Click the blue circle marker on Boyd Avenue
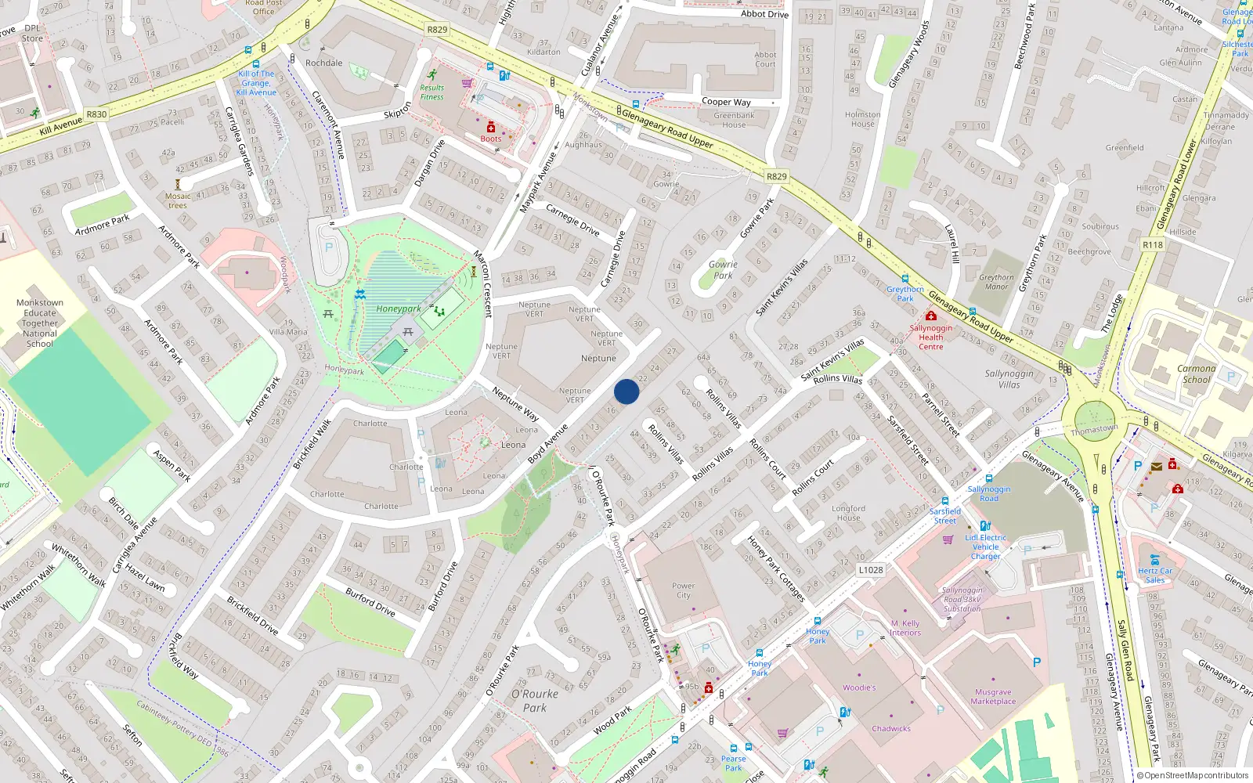pyautogui.click(x=626, y=391)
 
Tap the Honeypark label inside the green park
pyautogui.click(x=398, y=309)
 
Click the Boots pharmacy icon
pyautogui.click(x=491, y=127)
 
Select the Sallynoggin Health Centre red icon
pyautogui.click(x=931, y=316)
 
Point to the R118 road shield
pyautogui.click(x=1153, y=245)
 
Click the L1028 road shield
pyautogui.click(x=871, y=570)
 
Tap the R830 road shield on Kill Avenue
pyautogui.click(x=96, y=114)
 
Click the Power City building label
pyautogui.click(x=683, y=590)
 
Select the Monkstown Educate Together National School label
pyautogui.click(x=40, y=323)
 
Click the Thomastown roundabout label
pyautogui.click(x=1094, y=430)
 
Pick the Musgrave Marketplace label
pyautogui.click(x=993, y=697)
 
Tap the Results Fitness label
pyautogui.click(x=432, y=92)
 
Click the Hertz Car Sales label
pyautogui.click(x=1155, y=576)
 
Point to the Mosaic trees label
pyautogui.click(x=178, y=200)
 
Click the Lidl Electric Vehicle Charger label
pyautogui.click(x=986, y=547)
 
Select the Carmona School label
pyautogui.click(x=1196, y=373)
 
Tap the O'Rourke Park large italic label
pyautogui.click(x=535, y=701)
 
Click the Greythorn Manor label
pyautogui.click(x=996, y=282)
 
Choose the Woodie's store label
pyautogui.click(x=859, y=687)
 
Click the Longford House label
pyautogui.click(x=848, y=513)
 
